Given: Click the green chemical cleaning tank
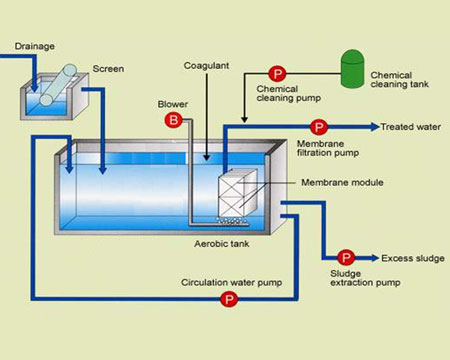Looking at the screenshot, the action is tap(352, 69).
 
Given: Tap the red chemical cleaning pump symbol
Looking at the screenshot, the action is tap(277, 74).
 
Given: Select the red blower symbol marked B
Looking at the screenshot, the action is tap(174, 120).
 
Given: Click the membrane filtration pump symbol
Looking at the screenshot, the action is tap(319, 127).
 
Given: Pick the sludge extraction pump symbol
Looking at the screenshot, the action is tap(346, 258).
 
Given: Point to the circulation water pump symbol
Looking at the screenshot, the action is tap(229, 299).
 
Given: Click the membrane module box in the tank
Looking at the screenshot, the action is tap(238, 193).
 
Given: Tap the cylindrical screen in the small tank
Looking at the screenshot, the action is tap(58, 85).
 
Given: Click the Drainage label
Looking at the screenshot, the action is tap(35, 46).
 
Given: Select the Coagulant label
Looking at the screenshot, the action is tap(206, 66).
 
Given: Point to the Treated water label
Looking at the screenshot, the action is tap(411, 127).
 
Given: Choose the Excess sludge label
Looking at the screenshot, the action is tap(413, 258).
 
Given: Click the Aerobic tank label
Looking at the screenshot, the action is tap(222, 244).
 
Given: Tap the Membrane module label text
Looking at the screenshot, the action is tap(342, 182).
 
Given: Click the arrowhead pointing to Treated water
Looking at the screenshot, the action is tap(375, 127).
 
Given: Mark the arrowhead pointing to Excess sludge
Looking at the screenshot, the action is tap(375, 258).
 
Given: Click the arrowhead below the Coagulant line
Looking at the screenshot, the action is tap(207, 157).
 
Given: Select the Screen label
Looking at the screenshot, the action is tap(108, 69).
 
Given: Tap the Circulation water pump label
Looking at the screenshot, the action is tap(232, 283).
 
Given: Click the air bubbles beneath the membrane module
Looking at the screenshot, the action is tap(232, 221).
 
